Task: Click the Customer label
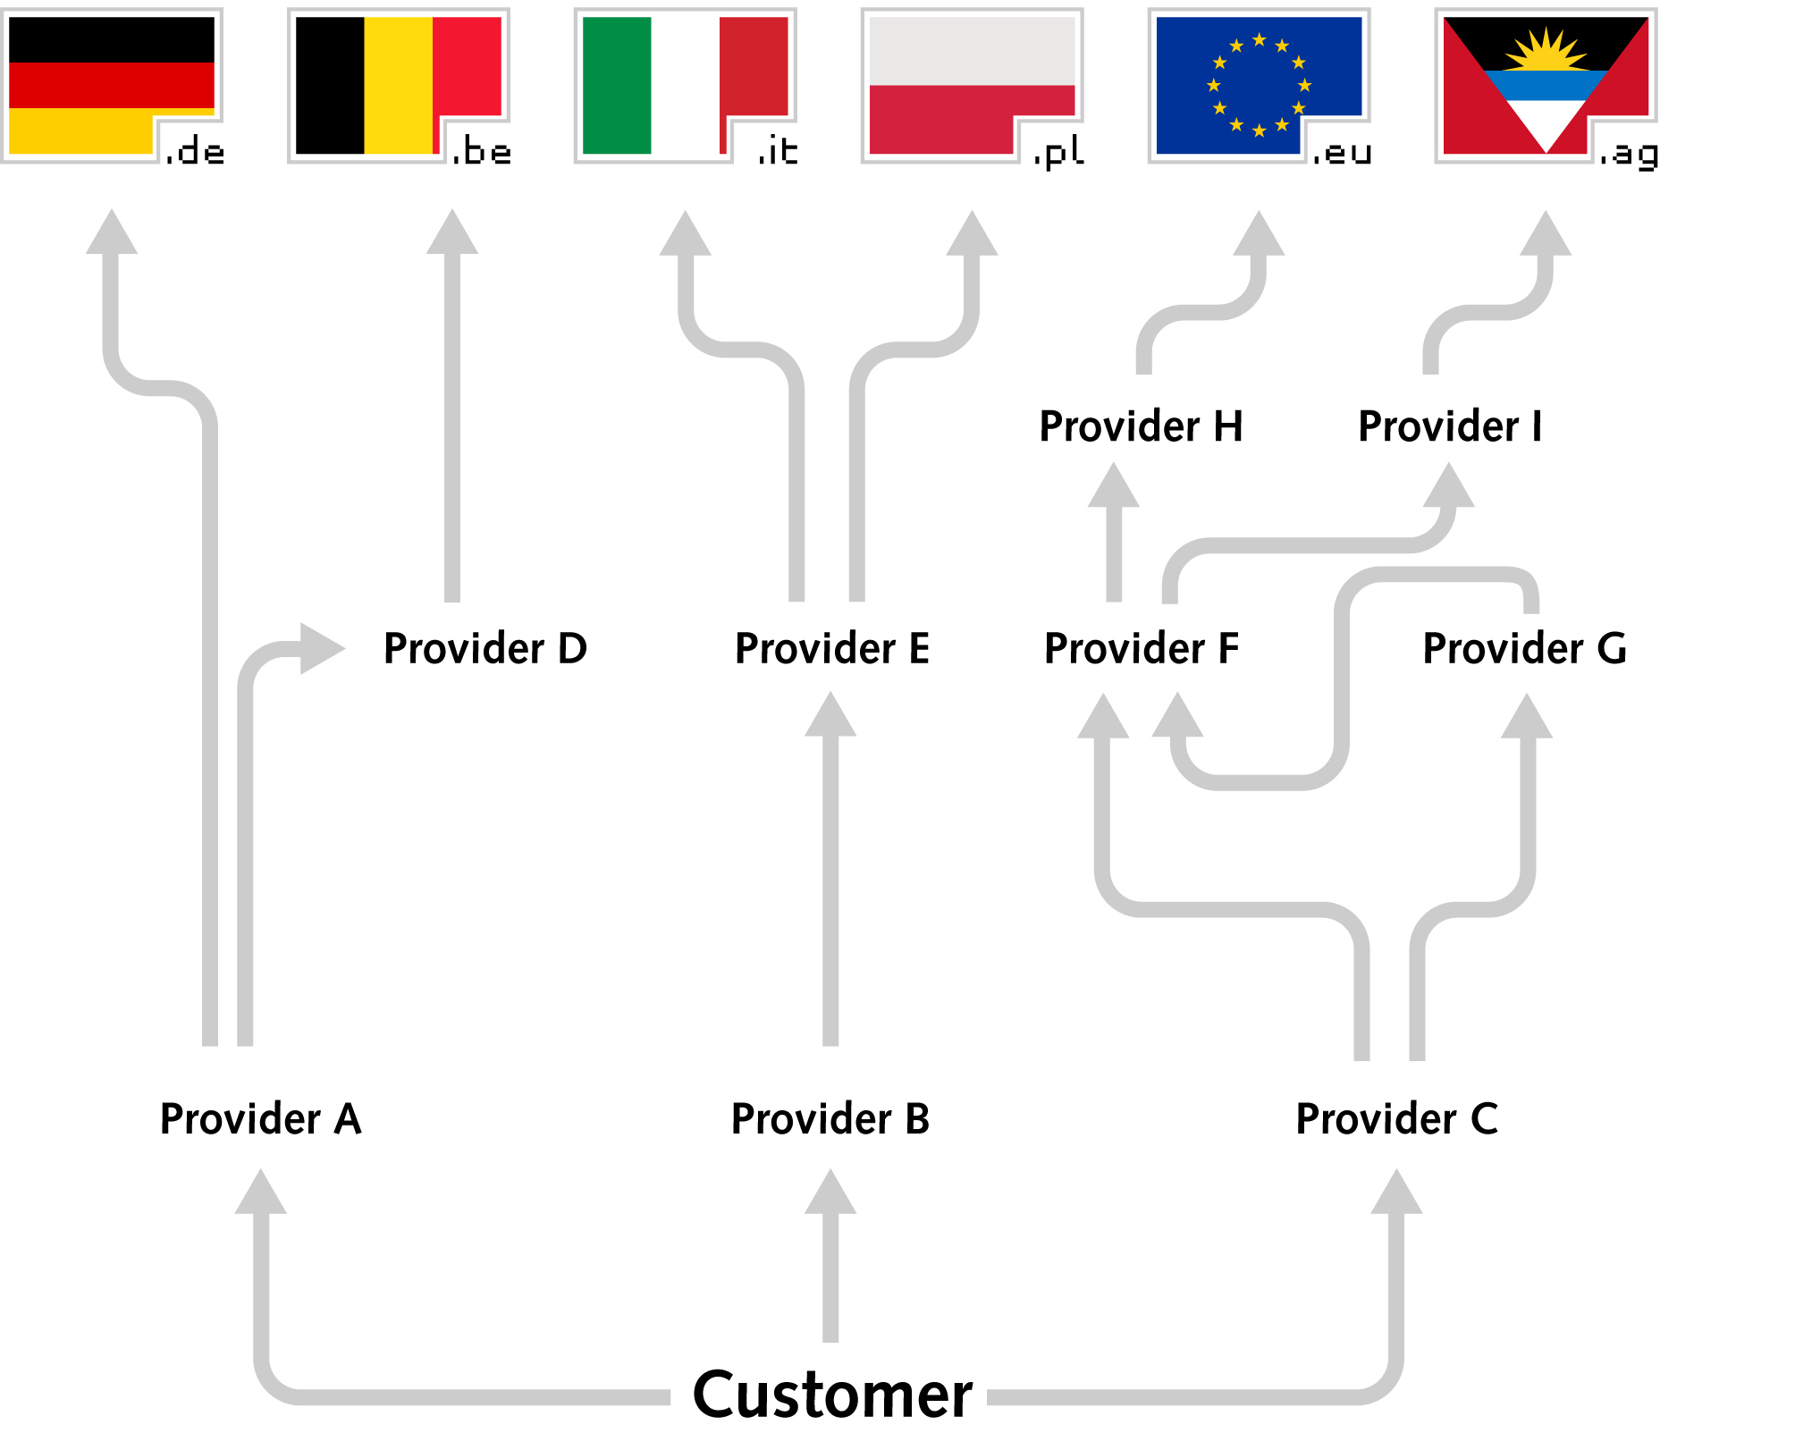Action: coord(832,1394)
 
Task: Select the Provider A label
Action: coord(260,1118)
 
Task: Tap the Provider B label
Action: coord(830,1118)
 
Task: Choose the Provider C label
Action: coord(1397,1118)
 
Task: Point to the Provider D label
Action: coord(485,648)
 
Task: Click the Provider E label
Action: coord(832,648)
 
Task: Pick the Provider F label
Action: coord(1142,648)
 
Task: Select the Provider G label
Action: coord(1525,648)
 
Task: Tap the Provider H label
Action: coord(1141,426)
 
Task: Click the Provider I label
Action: coord(1450,426)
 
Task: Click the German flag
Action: coord(112,85)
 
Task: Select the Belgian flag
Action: coord(399,85)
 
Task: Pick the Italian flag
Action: coord(686,85)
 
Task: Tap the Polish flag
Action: coord(973,85)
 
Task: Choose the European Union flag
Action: coord(1260,85)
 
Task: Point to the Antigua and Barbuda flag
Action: coord(1546,85)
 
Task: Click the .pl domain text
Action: coord(1059,153)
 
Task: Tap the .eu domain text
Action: coord(1343,154)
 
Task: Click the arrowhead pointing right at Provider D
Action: coord(323,648)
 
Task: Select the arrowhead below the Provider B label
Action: coord(830,1191)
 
